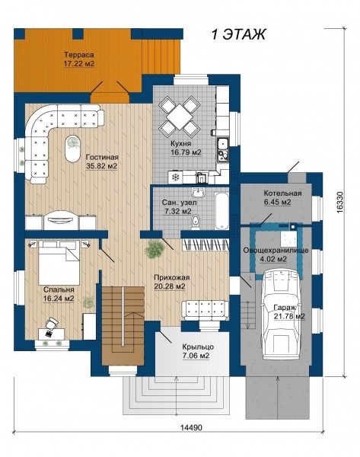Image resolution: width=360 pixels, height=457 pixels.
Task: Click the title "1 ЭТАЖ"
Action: click(x=238, y=34)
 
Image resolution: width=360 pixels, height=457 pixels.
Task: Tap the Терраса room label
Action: click(x=79, y=55)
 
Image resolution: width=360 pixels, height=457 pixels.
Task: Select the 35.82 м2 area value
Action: click(x=101, y=166)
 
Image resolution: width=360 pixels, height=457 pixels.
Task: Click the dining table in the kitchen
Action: click(x=180, y=117)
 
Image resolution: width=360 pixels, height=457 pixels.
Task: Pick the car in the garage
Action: click(x=282, y=314)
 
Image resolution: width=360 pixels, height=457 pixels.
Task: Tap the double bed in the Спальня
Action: click(x=59, y=262)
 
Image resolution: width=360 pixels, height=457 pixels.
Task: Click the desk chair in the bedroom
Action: click(x=52, y=323)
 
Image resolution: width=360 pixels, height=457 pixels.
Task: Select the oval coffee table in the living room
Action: click(x=72, y=149)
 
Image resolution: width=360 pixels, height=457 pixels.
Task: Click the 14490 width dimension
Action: click(x=191, y=427)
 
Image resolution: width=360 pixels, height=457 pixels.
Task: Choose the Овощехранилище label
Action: click(x=276, y=251)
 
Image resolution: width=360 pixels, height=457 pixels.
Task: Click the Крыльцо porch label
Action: click(x=198, y=347)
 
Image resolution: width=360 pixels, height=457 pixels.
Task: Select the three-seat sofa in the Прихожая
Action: click(x=205, y=311)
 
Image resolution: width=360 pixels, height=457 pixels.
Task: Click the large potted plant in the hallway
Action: click(x=154, y=249)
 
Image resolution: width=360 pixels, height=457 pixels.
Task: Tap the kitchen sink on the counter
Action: click(x=223, y=143)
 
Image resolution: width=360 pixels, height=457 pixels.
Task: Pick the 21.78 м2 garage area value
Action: click(x=289, y=316)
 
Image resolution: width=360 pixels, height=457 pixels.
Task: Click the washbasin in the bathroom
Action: click(x=199, y=192)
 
